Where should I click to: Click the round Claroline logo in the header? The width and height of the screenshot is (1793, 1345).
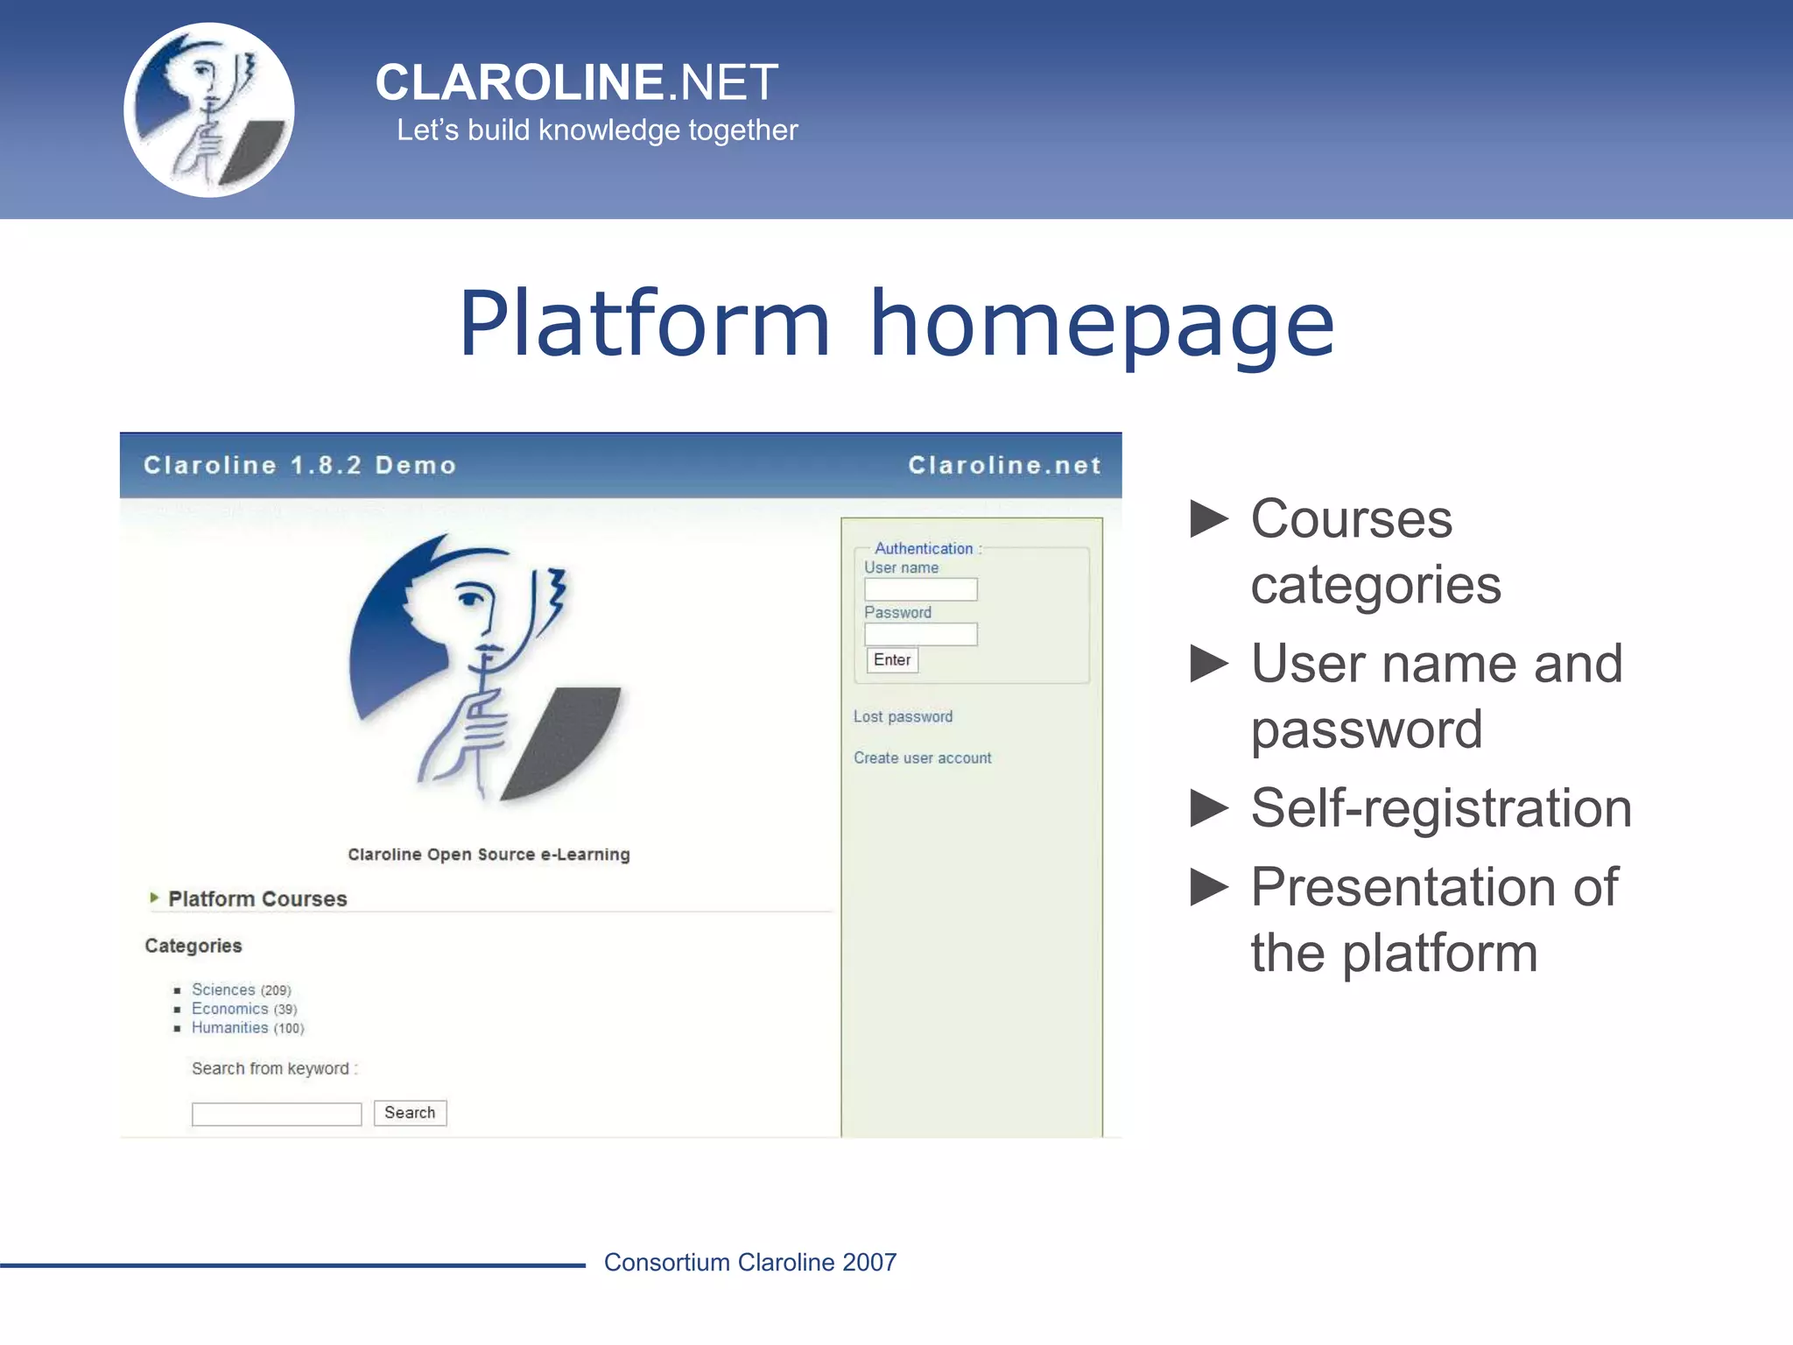[209, 110]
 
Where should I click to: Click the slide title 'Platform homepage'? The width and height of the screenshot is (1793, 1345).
[896, 323]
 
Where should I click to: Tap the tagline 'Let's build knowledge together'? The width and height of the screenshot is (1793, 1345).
[597, 130]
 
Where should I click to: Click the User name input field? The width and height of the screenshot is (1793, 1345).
[920, 589]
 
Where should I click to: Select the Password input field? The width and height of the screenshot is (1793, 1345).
[920, 634]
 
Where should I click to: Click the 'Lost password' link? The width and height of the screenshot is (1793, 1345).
[903, 716]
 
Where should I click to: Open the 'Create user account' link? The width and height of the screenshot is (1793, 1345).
[922, 757]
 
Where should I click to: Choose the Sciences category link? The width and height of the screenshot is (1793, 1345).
[223, 989]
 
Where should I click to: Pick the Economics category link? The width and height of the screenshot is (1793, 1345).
[229, 1009]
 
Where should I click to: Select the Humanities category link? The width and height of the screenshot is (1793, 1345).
[229, 1028]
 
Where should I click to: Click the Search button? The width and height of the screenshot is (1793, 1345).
[410, 1113]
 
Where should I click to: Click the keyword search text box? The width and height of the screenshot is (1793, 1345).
[277, 1114]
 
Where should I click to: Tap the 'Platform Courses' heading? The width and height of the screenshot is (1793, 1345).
[257, 899]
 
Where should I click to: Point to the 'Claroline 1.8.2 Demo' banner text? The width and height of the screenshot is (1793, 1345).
[299, 465]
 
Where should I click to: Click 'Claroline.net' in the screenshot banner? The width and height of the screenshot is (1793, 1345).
[1004, 465]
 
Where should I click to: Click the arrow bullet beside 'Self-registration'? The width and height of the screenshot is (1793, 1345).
[1210, 807]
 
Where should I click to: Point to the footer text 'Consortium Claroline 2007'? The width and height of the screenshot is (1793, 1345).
[750, 1262]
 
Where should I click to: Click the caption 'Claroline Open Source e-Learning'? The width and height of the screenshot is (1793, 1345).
[489, 855]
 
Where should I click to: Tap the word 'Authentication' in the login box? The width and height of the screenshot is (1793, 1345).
[924, 549]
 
